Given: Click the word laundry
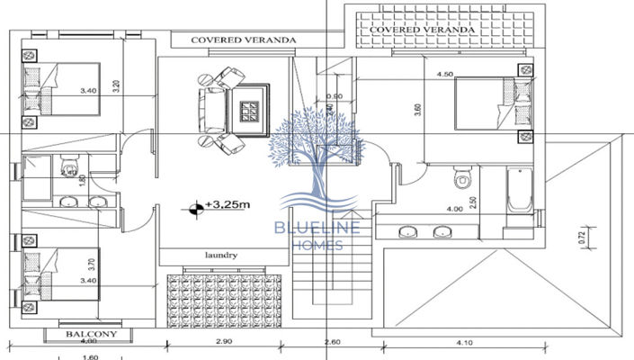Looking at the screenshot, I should point(221,255).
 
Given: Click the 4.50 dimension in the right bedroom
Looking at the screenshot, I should point(444,74).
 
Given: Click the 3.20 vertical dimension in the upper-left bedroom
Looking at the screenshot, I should point(116,88).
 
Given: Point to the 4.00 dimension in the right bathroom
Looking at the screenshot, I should point(455,210).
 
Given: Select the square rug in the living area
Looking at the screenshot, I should point(247,111).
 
